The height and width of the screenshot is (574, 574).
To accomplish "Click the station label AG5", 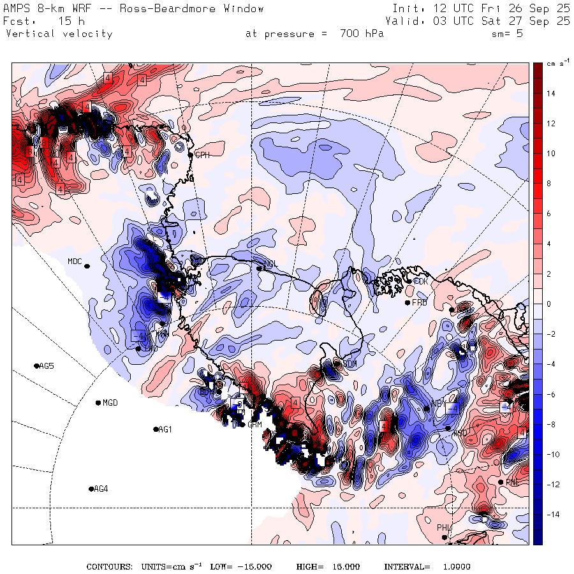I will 47,366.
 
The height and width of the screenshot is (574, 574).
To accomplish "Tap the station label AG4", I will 101,489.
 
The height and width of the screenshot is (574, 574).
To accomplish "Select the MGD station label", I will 110,403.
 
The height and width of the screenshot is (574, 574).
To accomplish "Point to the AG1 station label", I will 165,430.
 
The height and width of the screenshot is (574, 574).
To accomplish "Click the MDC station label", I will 75,261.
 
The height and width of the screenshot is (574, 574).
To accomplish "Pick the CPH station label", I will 202,155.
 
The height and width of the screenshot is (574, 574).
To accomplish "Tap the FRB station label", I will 419,302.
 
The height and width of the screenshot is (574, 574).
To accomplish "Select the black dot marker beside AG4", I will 91,489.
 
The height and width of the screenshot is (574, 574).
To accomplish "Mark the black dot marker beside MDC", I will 87,266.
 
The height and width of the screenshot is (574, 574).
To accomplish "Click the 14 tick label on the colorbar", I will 550,94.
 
